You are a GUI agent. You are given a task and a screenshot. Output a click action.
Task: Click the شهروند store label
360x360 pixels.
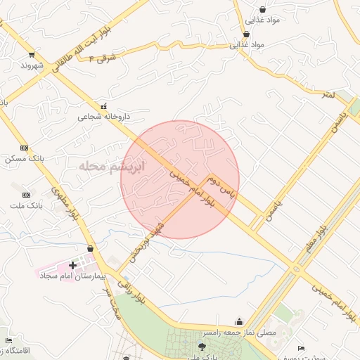(x=32, y=65)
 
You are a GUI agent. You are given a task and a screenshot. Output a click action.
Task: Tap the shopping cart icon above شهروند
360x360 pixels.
(x=32, y=55)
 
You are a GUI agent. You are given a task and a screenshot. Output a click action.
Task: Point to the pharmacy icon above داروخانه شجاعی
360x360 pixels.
(x=104, y=107)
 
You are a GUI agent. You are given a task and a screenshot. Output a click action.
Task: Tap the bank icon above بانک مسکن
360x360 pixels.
(x=25, y=148)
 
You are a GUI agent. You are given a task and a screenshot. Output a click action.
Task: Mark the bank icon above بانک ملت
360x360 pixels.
(x=27, y=195)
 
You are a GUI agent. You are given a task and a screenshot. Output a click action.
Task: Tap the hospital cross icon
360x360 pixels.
(x=72, y=265)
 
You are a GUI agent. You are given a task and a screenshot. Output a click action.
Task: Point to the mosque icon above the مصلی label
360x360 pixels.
(x=240, y=321)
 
